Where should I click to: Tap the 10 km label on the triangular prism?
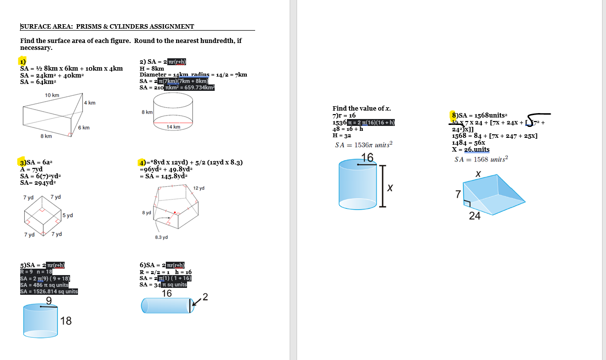point(52,95)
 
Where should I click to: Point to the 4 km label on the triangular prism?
point(90,103)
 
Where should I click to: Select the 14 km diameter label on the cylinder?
point(173,127)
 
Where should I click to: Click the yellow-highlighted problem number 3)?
point(23,162)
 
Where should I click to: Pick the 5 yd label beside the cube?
point(68,215)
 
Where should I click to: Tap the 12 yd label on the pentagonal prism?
point(199,188)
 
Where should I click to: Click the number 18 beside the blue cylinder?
point(66,321)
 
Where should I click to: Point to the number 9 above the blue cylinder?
point(49,301)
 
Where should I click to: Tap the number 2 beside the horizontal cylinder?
point(205,297)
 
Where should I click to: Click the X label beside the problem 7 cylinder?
point(390,189)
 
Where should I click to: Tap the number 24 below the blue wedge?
point(475,216)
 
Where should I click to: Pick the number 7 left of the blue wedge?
point(458,195)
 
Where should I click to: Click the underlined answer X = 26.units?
point(471,149)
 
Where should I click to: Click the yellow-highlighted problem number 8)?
point(455,115)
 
